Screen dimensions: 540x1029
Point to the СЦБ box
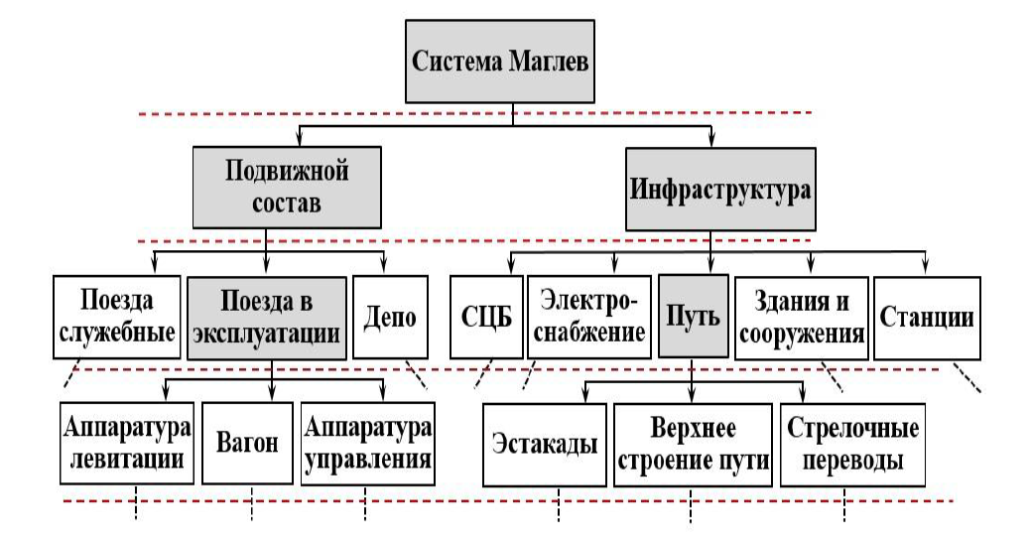tap(485, 317)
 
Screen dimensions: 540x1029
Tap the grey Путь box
tap(691, 317)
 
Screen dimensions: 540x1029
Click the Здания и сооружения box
tap(801, 317)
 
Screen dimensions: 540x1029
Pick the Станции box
tap(928, 317)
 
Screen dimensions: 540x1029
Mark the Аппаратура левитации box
tap(126, 444)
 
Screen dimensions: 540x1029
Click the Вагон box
tap(248, 444)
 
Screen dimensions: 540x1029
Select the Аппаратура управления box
tap(366, 444)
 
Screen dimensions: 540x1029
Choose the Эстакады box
tap(545, 444)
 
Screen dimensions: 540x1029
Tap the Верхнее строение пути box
tap(692, 444)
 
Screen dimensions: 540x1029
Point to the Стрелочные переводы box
tap(852, 444)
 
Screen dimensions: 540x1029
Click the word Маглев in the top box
tap(547, 64)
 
